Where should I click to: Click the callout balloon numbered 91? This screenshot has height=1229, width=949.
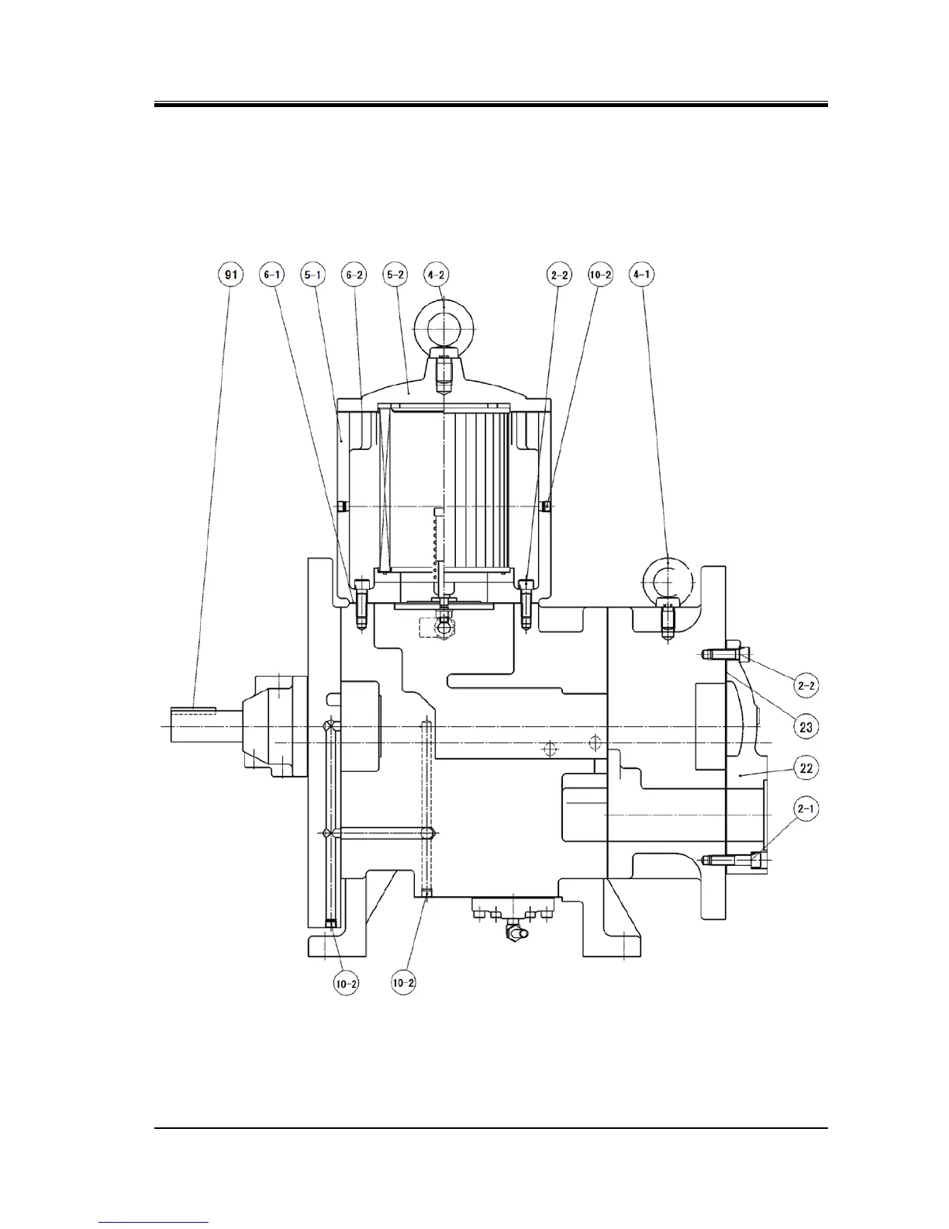coord(230,275)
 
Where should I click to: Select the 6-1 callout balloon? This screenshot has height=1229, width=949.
coord(272,275)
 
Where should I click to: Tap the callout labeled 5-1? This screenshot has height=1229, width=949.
coord(313,275)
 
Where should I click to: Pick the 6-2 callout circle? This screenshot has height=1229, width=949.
coord(354,275)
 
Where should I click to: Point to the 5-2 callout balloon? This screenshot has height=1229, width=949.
coord(395,275)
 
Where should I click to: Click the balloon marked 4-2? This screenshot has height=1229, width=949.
coord(437,275)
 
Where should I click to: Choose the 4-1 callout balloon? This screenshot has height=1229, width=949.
coord(642,275)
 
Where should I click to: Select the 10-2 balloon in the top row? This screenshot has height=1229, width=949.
coord(601,275)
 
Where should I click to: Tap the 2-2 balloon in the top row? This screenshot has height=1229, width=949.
coord(560,275)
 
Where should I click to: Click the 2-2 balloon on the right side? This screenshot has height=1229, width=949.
coord(806,685)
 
